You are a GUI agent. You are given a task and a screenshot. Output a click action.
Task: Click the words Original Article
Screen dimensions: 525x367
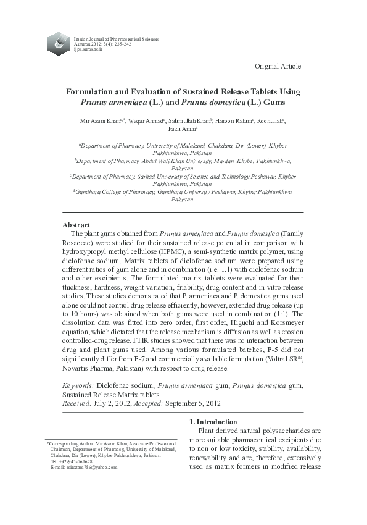pos(278,66)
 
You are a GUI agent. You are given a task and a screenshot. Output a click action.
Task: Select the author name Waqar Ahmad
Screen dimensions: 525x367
pos(147,120)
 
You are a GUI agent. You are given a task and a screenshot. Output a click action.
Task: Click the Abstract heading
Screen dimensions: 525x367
pos(77,224)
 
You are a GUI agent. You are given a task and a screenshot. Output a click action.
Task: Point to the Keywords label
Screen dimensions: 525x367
pos(78,385)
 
